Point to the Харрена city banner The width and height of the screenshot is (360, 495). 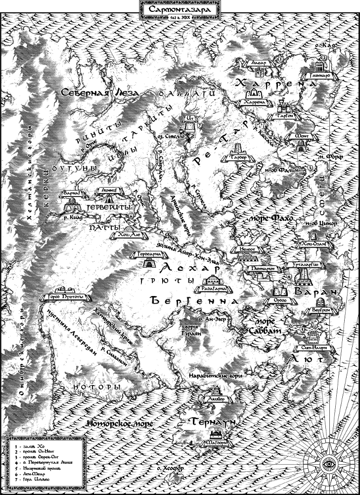click(x=255, y=102)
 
